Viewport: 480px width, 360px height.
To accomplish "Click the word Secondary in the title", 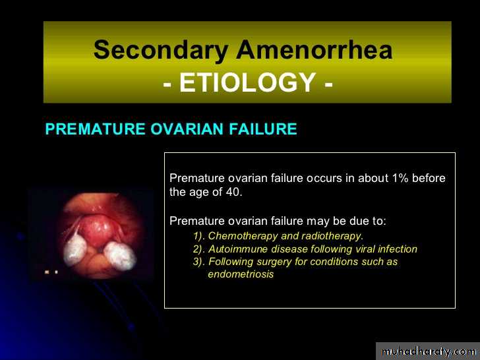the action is click(x=161, y=51).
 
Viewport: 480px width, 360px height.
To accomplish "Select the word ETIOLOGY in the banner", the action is click(x=247, y=82).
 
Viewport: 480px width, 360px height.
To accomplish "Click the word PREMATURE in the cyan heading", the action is click(x=95, y=129).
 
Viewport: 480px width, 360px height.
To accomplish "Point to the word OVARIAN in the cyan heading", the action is click(x=187, y=129).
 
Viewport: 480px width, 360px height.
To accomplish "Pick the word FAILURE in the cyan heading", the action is click(x=263, y=129).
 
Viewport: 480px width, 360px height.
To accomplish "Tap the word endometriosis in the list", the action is click(x=241, y=274).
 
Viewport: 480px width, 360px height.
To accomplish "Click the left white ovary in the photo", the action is click(x=75, y=249).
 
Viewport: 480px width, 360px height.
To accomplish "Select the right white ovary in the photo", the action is click(x=120, y=256).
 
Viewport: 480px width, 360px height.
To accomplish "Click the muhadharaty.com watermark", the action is click(x=429, y=352).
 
